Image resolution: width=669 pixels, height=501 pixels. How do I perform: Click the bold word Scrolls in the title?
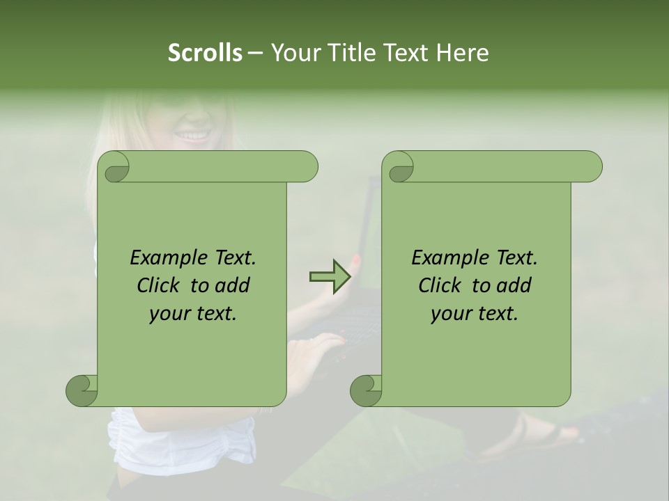[x=205, y=53]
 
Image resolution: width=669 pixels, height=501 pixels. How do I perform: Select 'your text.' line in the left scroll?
[x=193, y=314]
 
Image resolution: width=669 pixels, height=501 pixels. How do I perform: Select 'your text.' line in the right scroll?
[x=475, y=314]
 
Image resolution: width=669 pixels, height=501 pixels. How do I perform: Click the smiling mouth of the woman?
[x=193, y=134]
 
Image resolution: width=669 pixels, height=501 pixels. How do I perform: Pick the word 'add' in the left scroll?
[x=233, y=285]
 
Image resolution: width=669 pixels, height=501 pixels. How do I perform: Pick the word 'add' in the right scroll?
[x=515, y=285]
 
